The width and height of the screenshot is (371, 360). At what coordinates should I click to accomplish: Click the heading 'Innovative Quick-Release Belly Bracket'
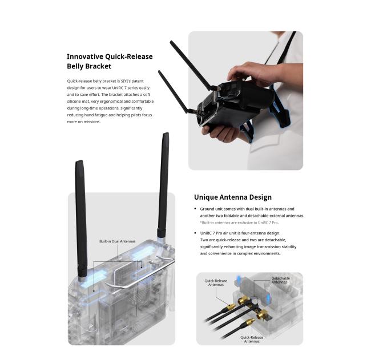point(110,61)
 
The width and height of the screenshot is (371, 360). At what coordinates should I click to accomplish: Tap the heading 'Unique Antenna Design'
point(233,197)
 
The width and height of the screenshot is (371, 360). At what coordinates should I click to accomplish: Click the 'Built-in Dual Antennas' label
point(118,241)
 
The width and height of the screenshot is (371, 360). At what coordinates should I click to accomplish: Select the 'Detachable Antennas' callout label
point(281,280)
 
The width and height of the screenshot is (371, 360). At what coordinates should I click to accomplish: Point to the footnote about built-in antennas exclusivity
point(239,223)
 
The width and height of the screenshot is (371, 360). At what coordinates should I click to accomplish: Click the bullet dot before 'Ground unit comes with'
point(195,209)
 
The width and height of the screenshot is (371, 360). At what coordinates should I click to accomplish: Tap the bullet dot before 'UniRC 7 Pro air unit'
point(195,233)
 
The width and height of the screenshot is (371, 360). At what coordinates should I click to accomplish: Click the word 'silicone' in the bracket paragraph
point(74,101)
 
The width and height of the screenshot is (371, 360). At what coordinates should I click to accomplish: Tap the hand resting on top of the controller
point(251,74)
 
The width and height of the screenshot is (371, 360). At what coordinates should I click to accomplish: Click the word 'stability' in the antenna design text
point(289,246)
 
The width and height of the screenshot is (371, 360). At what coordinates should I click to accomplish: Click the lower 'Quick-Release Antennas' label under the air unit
point(252,339)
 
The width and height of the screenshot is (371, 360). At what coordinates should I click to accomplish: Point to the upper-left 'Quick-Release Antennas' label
point(216,282)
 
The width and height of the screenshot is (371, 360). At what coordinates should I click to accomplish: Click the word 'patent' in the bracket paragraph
point(138,81)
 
